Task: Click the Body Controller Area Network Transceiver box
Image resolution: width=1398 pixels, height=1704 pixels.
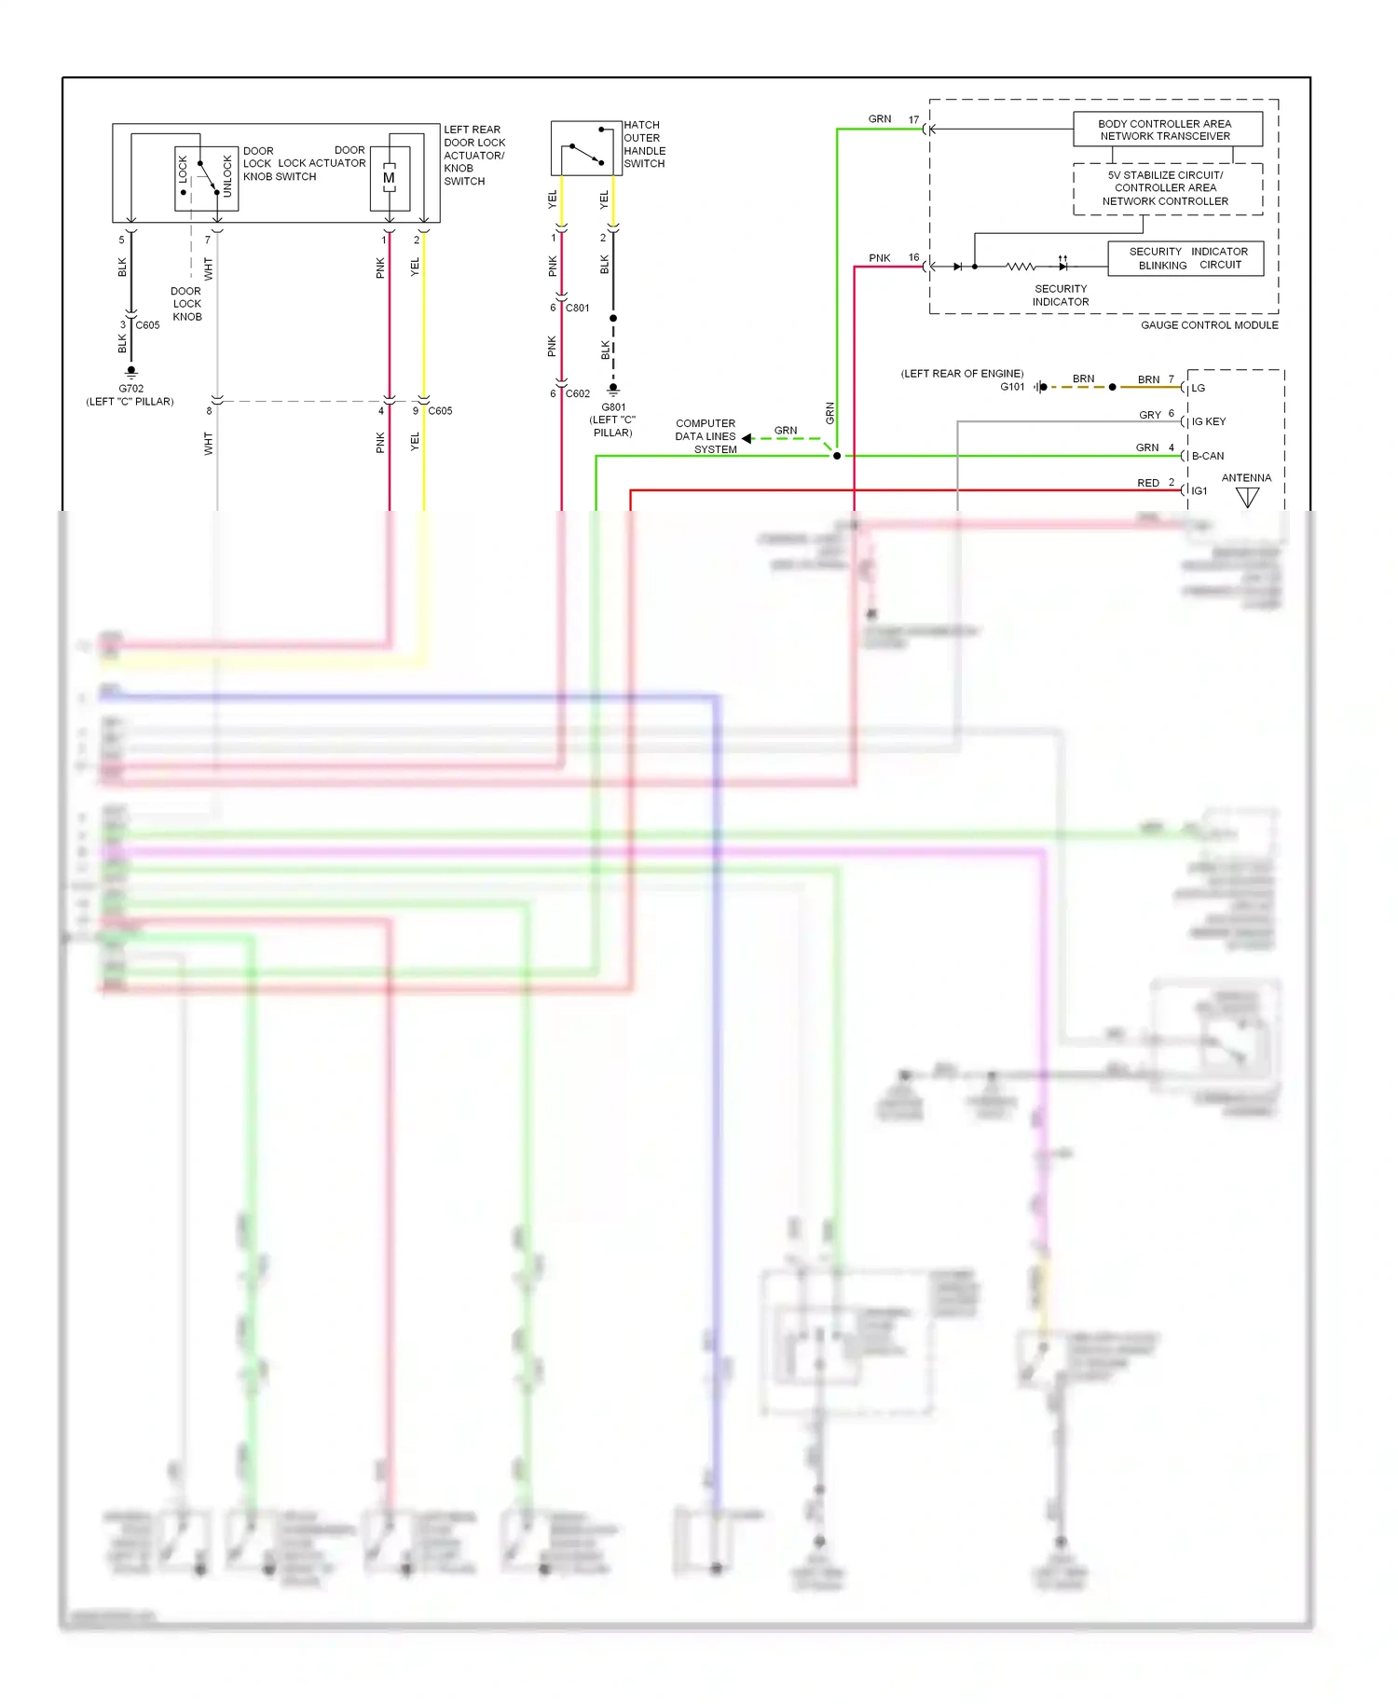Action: click(x=1167, y=130)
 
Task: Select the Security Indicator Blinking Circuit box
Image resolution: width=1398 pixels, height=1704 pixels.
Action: click(x=1186, y=258)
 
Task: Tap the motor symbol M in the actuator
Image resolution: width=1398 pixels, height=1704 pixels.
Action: click(x=389, y=178)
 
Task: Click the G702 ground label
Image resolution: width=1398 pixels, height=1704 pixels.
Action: click(x=130, y=389)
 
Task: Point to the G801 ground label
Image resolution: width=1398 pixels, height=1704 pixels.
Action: click(x=612, y=407)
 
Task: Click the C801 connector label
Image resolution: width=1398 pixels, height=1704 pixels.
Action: click(x=577, y=308)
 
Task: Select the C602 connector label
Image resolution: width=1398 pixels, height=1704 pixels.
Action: click(x=577, y=393)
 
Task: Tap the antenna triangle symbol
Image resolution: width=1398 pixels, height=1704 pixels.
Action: click(x=1247, y=498)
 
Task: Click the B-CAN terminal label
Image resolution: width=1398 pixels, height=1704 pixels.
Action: click(x=1207, y=456)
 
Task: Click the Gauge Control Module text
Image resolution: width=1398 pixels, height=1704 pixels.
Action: click(x=1209, y=325)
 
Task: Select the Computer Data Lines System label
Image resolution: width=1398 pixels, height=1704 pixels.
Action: click(x=706, y=436)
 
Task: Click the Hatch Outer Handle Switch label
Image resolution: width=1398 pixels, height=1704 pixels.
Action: click(x=644, y=144)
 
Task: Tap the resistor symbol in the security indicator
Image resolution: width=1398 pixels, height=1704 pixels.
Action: click(x=1020, y=267)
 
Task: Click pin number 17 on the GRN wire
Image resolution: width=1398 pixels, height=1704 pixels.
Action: click(x=913, y=119)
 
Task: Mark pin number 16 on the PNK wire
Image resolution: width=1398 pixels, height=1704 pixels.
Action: click(x=913, y=257)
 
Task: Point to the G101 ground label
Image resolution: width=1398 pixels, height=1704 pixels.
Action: click(x=1012, y=387)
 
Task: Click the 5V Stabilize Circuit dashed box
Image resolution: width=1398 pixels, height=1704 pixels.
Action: click(x=1167, y=188)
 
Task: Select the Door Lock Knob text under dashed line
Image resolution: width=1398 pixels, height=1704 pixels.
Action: click(x=186, y=304)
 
